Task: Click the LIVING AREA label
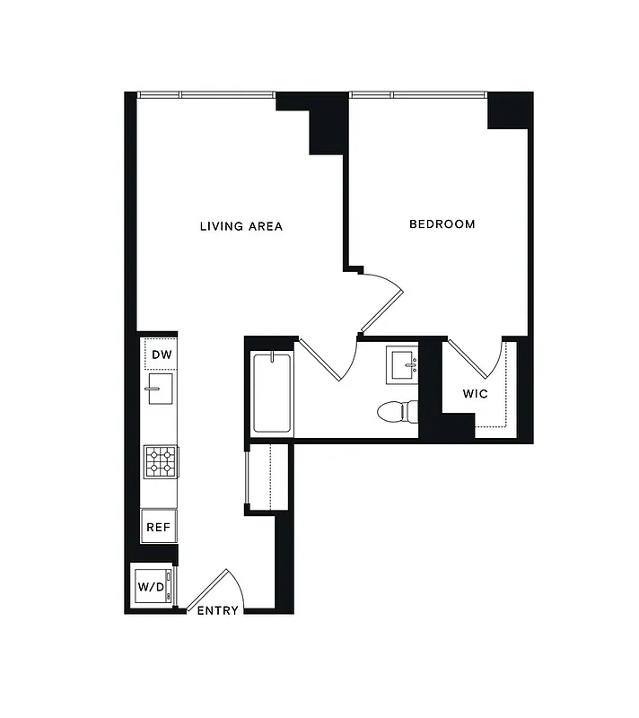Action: coord(241,226)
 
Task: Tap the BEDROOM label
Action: coord(442,224)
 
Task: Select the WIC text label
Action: coord(475,394)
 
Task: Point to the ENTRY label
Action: coord(217,611)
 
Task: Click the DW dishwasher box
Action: coord(161,355)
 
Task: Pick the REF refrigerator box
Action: coord(159,527)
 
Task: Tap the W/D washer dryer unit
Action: coord(150,587)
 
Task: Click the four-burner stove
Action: coord(160,462)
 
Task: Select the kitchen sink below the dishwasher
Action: coord(160,390)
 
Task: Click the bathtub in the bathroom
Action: coord(272,393)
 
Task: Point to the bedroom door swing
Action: coord(384,301)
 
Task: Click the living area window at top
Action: coord(206,95)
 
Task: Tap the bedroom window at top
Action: coord(418,95)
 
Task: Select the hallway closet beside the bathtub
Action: coord(267,477)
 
